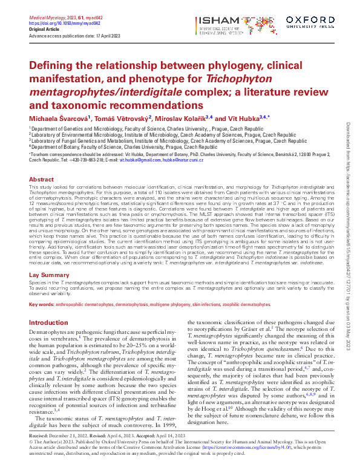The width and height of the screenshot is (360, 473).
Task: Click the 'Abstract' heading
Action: (41, 180)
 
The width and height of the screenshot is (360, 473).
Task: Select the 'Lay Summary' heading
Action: (49, 275)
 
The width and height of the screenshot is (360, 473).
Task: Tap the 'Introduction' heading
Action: (48, 322)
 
